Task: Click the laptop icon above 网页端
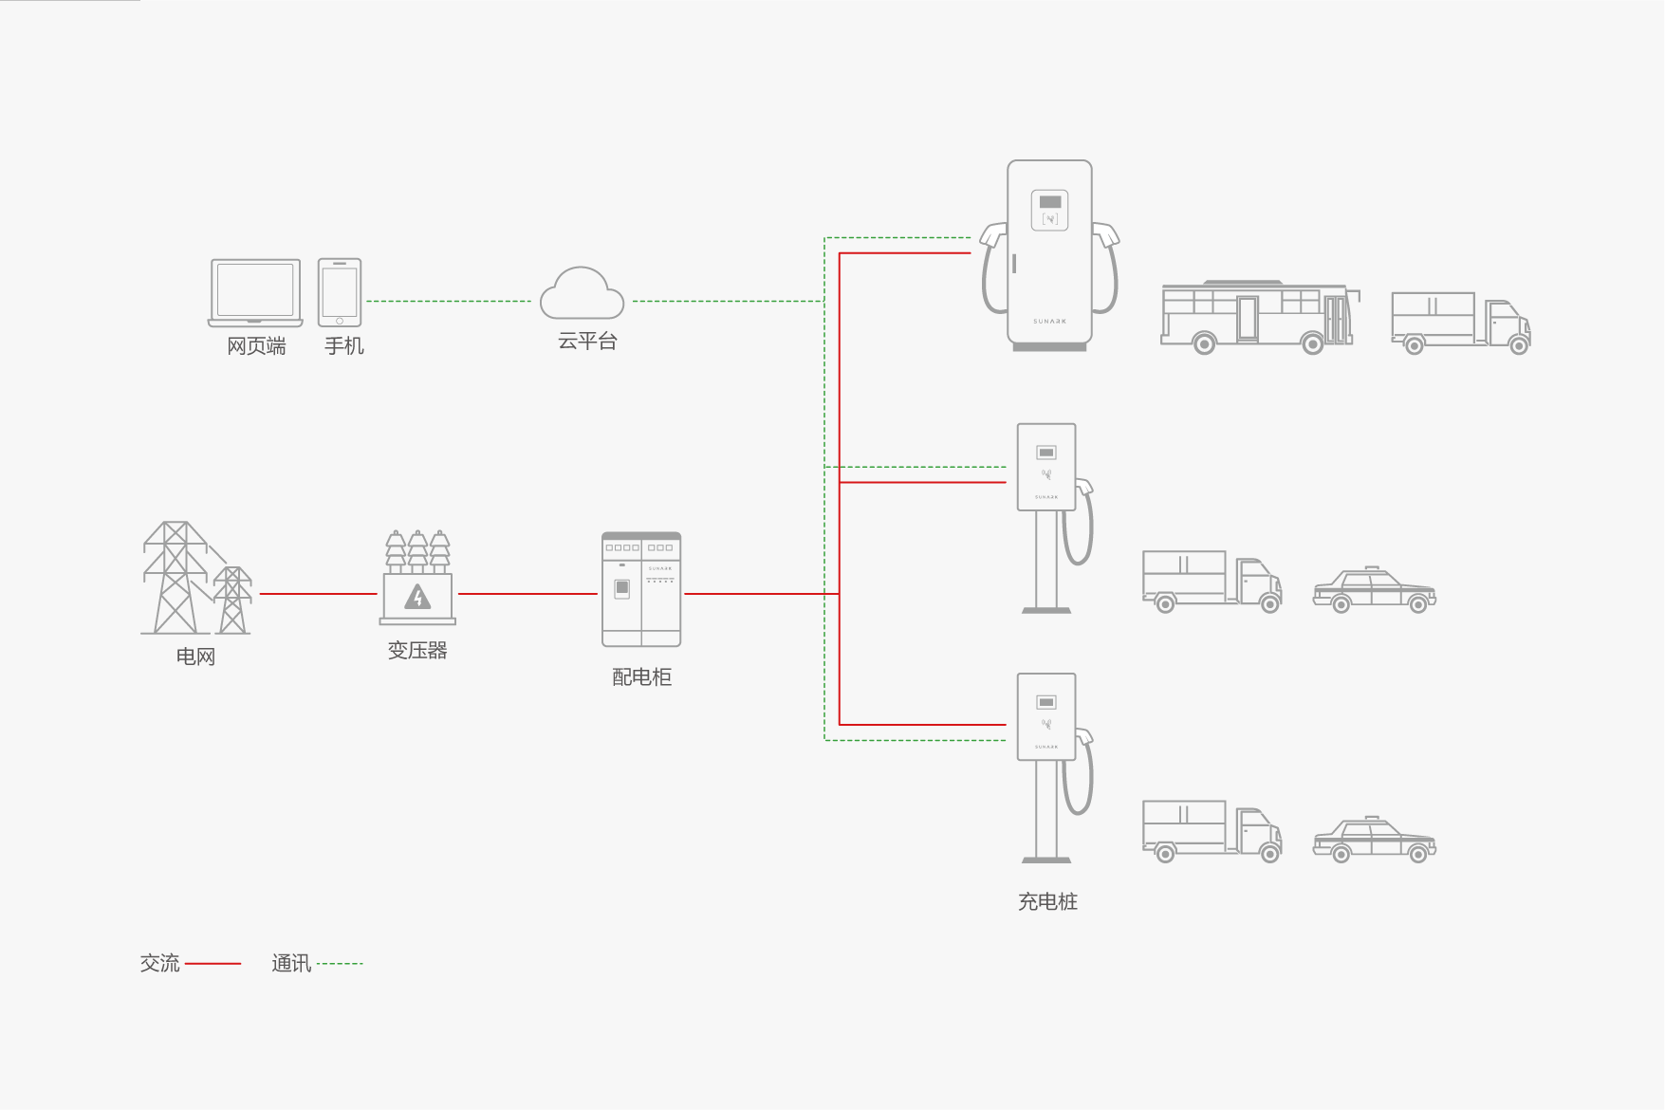[x=255, y=292]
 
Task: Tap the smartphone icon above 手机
[x=340, y=292]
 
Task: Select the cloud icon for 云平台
[x=582, y=294]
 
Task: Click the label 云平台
[x=587, y=342]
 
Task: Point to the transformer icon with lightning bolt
[x=417, y=579]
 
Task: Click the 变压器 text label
[x=417, y=651]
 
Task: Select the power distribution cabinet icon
[x=641, y=589]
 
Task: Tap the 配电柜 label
[x=641, y=677]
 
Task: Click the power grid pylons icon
[x=195, y=579]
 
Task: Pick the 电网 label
[x=195, y=657]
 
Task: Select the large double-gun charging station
[x=1049, y=254]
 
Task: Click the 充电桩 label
[x=1047, y=902]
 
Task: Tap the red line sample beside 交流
[x=213, y=964]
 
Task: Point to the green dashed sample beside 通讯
[x=340, y=964]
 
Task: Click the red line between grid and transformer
[x=318, y=594]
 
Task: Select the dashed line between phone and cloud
[x=449, y=302]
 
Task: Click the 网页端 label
[x=256, y=346]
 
